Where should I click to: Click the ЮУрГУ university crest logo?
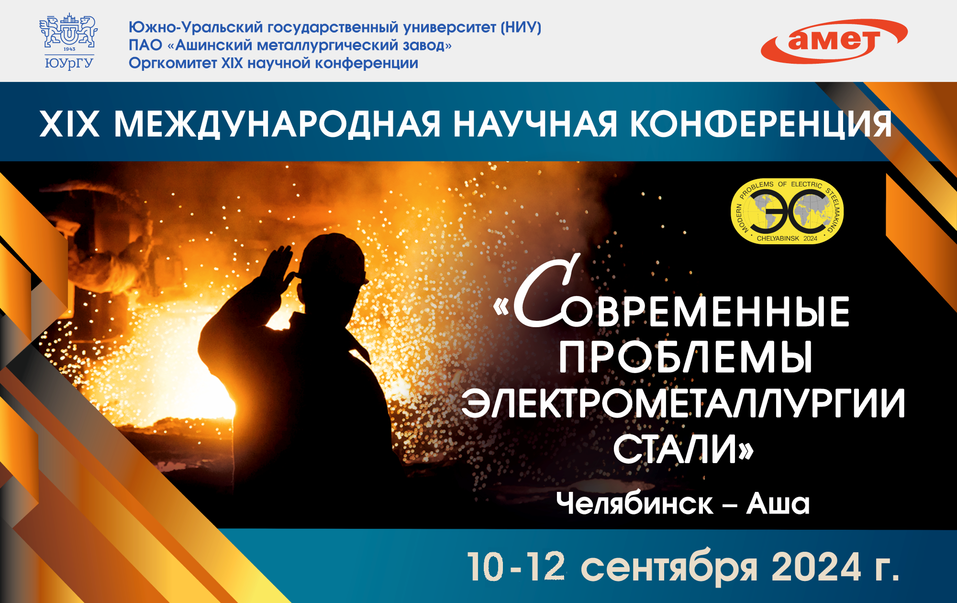click(69, 42)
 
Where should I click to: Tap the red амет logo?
click(834, 41)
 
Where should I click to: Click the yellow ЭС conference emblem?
click(787, 211)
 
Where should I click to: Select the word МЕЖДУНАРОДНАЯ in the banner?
click(277, 125)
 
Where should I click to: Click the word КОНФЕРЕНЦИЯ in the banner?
click(761, 125)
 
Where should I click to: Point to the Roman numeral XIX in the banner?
click(70, 125)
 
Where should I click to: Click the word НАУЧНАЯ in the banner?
click(535, 125)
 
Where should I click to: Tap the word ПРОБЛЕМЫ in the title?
click(685, 357)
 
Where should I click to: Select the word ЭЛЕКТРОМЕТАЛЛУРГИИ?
click(683, 403)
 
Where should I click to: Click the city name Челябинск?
click(634, 504)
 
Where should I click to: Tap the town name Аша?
click(778, 504)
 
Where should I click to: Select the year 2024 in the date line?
click(816, 567)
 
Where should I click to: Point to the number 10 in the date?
click(485, 567)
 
